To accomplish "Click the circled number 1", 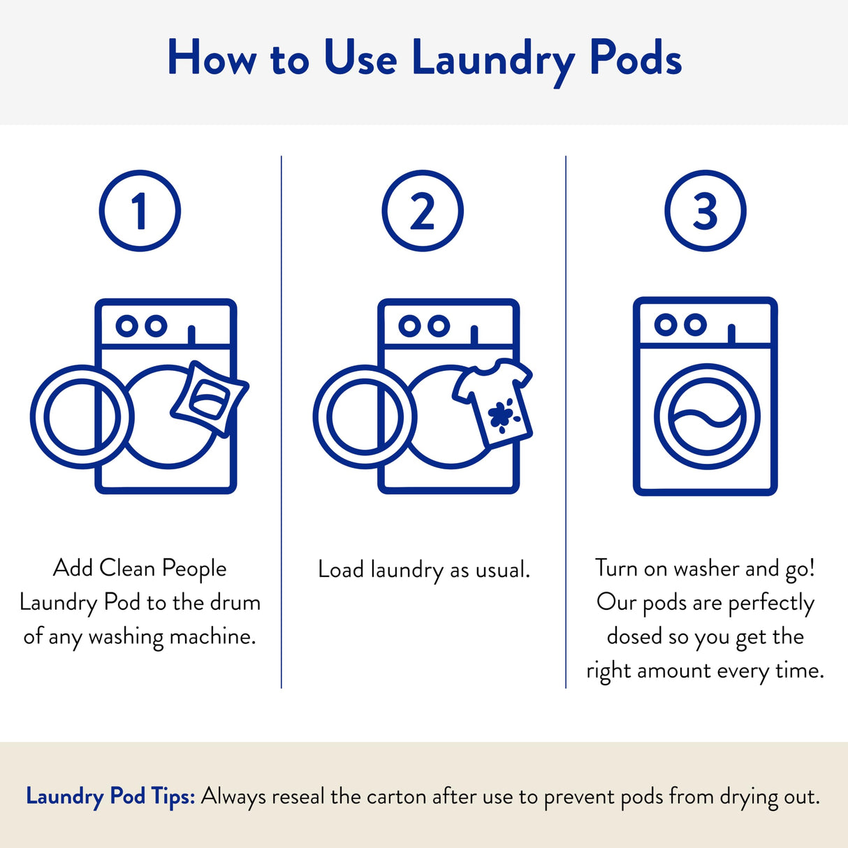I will [140, 210].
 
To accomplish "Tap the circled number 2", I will [423, 210].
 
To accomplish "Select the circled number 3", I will [706, 210].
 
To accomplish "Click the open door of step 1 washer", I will [82, 417].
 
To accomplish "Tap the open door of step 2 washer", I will [365, 417].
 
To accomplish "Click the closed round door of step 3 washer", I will [706, 416].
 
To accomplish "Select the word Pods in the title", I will [635, 59].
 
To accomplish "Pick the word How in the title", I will [212, 59].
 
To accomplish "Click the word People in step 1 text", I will [194, 569].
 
